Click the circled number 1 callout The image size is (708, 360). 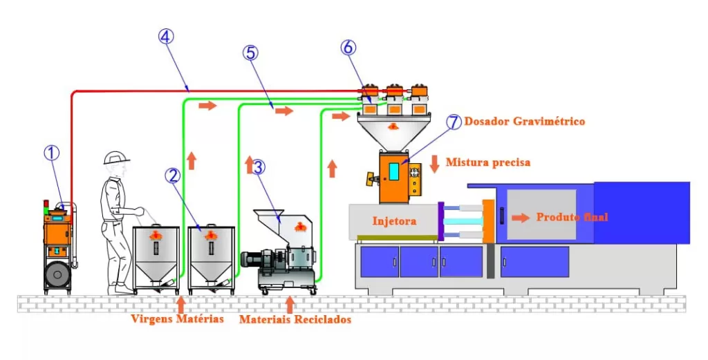tap(52, 153)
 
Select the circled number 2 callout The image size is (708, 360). tap(172, 176)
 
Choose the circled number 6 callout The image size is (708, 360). tap(349, 48)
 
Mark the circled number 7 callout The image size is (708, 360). tap(453, 122)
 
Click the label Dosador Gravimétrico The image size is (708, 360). tap(525, 122)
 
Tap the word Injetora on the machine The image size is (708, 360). tap(394, 221)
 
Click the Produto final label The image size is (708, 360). tap(572, 217)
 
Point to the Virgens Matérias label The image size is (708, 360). tap(178, 319)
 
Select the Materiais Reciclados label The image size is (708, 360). tap(295, 320)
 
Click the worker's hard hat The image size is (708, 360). tap(116, 158)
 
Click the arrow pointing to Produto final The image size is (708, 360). tap(521, 217)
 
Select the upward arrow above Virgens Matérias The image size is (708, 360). tap(181, 304)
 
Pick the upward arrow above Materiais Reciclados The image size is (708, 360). tap(290, 304)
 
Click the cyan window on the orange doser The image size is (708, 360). tap(394, 171)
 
